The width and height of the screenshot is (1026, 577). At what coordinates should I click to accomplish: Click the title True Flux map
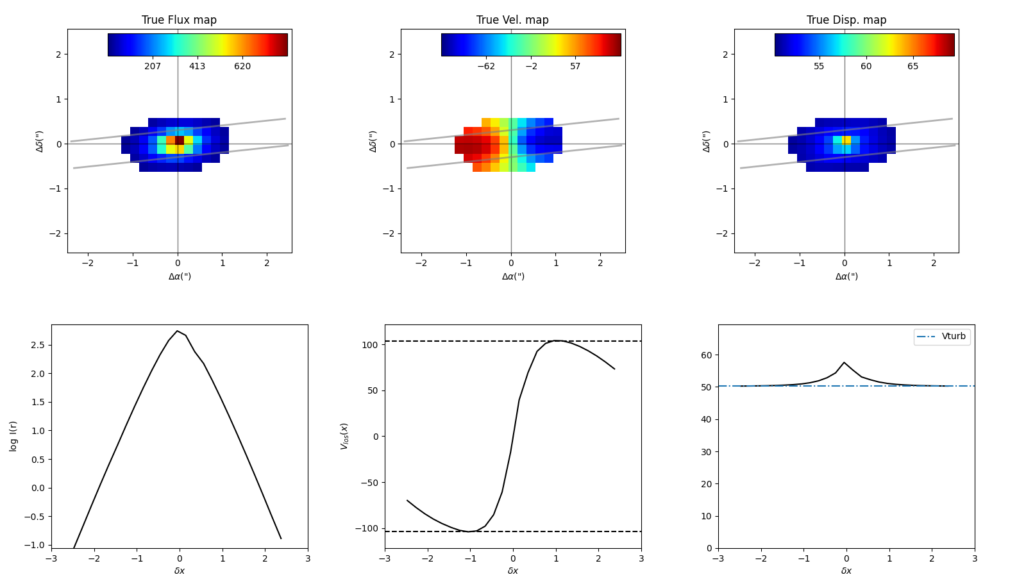pos(179,20)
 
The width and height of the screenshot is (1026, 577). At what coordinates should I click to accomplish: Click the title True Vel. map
pos(512,20)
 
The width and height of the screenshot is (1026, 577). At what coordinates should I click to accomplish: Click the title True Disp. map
pos(846,20)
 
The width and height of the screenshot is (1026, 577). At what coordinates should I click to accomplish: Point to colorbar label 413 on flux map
pos(197,67)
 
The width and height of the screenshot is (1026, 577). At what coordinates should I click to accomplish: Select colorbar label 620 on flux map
pos(242,67)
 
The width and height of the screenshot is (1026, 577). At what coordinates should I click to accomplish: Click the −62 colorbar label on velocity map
pos(486,67)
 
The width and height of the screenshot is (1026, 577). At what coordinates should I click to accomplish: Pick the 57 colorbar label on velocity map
pos(575,67)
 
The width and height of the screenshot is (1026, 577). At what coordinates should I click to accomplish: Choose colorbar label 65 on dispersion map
pos(912,67)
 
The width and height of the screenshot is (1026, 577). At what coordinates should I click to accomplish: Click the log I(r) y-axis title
pos(13,436)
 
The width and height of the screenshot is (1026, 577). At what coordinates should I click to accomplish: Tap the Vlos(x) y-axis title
pos(344,436)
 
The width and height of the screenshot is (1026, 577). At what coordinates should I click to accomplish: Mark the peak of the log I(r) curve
pos(178,331)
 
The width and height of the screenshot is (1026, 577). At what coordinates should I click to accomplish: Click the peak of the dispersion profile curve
pos(844,363)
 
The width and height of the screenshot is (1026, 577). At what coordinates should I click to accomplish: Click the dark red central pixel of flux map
pos(180,140)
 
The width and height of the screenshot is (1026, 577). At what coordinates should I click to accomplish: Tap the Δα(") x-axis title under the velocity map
pos(513,276)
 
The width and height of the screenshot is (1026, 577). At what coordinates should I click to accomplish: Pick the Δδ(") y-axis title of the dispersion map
pos(707,141)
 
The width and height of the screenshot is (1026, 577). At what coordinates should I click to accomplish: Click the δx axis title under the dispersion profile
pos(846,571)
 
